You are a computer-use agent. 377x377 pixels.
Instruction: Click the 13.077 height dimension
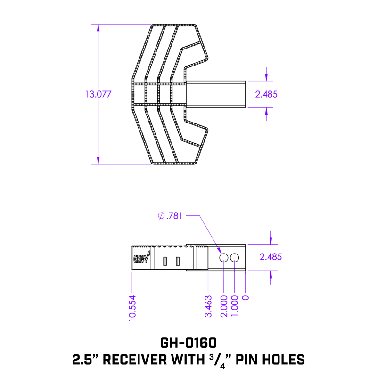point(98,94)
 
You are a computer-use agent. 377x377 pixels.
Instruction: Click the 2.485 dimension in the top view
point(266,94)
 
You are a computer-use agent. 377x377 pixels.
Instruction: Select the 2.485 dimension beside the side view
point(271,257)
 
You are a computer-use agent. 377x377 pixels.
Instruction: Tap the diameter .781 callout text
point(171,216)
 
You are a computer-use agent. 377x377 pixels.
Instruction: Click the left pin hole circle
point(224,257)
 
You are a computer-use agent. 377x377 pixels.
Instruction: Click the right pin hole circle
point(235,257)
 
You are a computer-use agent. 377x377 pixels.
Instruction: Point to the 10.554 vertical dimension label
point(132,308)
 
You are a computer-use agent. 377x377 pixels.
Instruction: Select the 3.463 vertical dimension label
point(208,306)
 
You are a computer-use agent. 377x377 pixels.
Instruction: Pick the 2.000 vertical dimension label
point(224,306)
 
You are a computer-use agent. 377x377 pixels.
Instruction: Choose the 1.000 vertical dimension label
point(235,306)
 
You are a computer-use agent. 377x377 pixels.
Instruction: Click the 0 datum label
point(245,298)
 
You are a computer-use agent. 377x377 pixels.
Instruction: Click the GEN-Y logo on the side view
point(140,258)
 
